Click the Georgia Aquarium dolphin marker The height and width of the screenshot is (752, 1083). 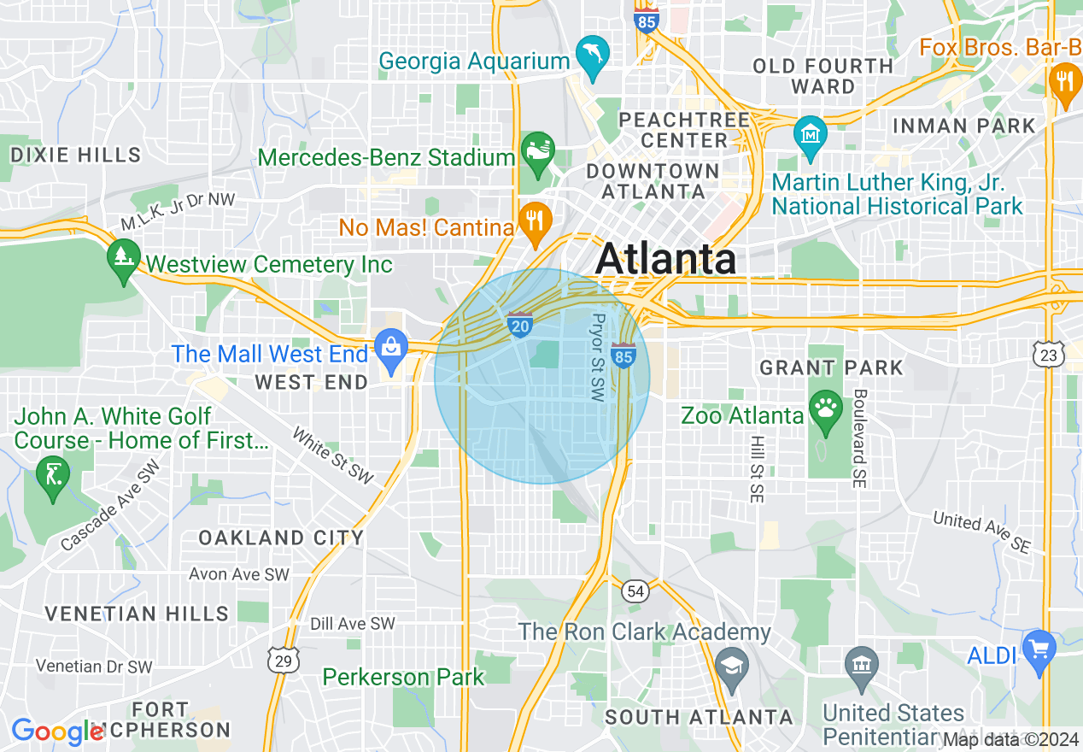click(x=591, y=56)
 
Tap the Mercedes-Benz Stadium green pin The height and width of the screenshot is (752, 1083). click(x=537, y=151)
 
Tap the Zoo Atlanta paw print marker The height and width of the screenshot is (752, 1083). click(x=825, y=408)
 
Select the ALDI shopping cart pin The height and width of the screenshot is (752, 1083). click(x=1039, y=650)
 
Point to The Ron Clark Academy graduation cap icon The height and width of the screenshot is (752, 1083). click(x=732, y=667)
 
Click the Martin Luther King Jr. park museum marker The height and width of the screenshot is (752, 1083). click(x=810, y=136)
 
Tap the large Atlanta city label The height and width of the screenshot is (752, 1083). click(x=665, y=259)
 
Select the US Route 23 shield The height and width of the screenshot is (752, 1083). click(x=1049, y=354)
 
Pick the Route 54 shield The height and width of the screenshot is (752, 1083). click(x=635, y=590)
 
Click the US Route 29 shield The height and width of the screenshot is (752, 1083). click(x=281, y=659)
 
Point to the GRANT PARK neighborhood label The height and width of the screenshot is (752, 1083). click(x=831, y=368)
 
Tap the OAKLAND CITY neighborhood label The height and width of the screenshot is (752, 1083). click(x=281, y=538)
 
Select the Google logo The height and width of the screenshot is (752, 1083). click(x=56, y=731)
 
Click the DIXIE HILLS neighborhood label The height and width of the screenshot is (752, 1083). click(x=75, y=155)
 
